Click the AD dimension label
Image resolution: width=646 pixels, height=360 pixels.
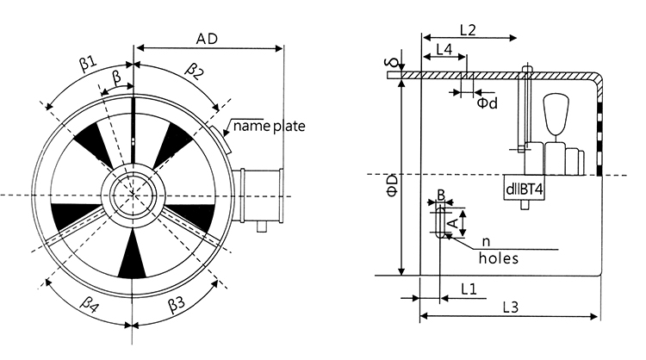click(x=207, y=39)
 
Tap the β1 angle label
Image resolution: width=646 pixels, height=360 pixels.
click(x=88, y=63)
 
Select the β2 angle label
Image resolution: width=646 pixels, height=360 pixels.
click(x=195, y=69)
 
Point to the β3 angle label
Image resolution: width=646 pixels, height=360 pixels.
click(x=177, y=302)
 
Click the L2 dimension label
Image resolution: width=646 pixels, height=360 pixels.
click(x=468, y=29)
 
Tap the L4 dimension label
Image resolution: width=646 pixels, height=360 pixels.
click(x=444, y=50)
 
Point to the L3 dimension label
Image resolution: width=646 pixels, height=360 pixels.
click(x=511, y=307)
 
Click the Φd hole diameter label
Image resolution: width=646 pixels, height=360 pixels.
click(x=487, y=102)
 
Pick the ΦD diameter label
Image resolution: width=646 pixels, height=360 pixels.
click(x=392, y=183)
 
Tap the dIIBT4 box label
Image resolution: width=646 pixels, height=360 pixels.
click(x=523, y=189)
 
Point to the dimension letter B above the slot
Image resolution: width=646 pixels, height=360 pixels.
click(x=440, y=196)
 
